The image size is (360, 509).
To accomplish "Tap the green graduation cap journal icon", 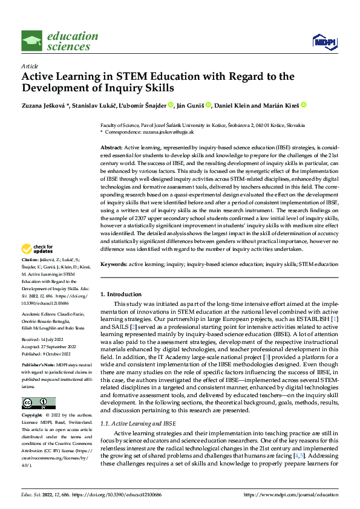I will (31, 41).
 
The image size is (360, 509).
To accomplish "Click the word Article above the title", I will (30, 66).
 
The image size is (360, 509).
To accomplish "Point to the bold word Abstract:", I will (111, 148).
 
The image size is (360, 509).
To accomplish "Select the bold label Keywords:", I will (113, 264).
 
